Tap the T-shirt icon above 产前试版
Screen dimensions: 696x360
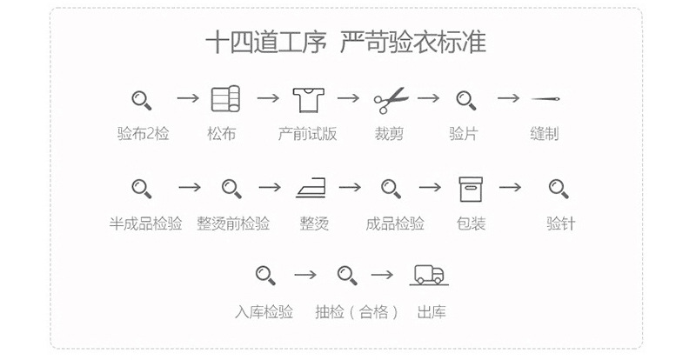[x=309, y=99]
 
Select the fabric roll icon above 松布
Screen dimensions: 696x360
[x=225, y=98]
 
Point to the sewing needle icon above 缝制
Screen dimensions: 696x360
[x=545, y=98]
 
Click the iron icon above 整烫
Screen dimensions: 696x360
[x=311, y=188]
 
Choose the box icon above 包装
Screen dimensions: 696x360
[x=471, y=189]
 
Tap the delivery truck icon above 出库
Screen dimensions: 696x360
[x=429, y=275]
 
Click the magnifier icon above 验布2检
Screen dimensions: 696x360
[x=142, y=100]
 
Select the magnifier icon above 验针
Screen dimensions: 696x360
[x=559, y=189]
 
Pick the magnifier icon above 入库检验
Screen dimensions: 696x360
[x=265, y=275]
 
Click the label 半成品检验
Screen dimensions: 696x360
[x=145, y=223]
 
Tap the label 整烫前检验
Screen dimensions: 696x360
[x=233, y=223]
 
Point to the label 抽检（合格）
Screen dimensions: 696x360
[x=357, y=312]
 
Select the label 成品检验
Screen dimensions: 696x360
[x=395, y=223]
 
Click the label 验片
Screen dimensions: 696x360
[x=464, y=133]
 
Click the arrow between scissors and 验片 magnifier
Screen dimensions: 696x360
[x=428, y=98]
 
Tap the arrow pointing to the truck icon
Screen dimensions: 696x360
[x=382, y=275]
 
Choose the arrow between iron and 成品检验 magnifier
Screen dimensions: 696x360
[x=351, y=187]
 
